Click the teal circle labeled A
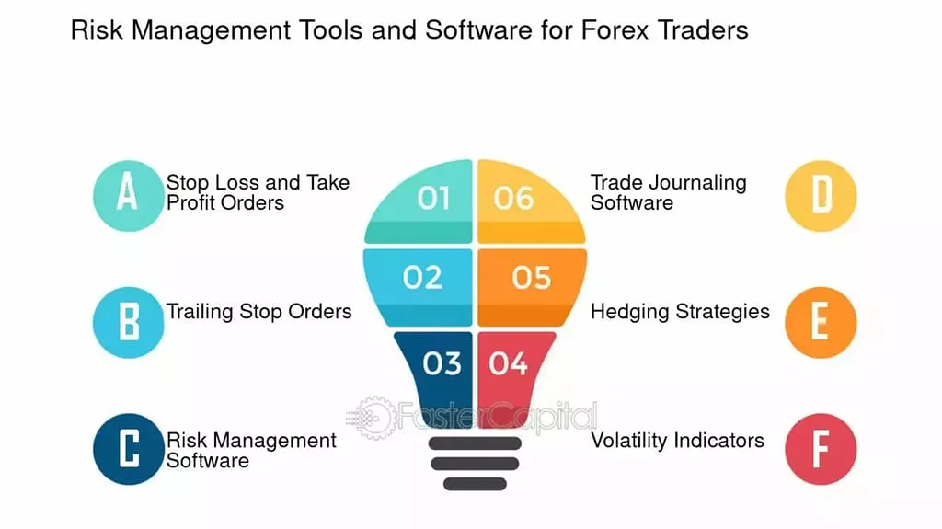129,194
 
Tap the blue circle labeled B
129,322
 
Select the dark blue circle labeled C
129,450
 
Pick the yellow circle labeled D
821,194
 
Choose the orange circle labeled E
821,322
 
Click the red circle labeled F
821,450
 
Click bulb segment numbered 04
511,364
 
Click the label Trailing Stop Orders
258,311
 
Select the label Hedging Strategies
680,311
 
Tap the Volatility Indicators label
677,440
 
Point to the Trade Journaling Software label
668,192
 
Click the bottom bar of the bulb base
475,483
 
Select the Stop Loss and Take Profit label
258,192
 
